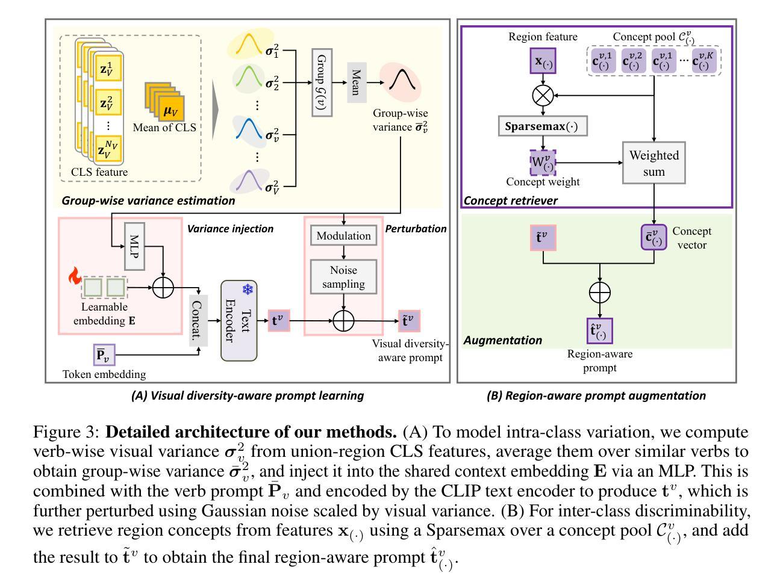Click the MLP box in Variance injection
pyautogui.click(x=134, y=246)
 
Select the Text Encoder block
pyautogui.click(x=239, y=321)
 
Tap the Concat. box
pyautogui.click(x=198, y=321)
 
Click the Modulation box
pyautogui.click(x=343, y=236)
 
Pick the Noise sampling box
pyautogui.click(x=343, y=277)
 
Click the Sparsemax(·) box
pyautogui.click(x=542, y=126)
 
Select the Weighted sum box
pyautogui.click(x=654, y=163)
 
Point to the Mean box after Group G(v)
pyautogui.click(x=357, y=82)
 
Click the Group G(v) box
pyautogui.click(x=322, y=82)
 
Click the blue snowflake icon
pyautogui.click(x=247, y=290)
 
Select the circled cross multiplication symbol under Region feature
pyautogui.click(x=543, y=95)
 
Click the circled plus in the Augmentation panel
pyautogui.click(x=599, y=292)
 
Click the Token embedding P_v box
pyautogui.click(x=105, y=355)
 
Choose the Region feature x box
pyautogui.click(x=542, y=61)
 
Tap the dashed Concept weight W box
pyautogui.click(x=542, y=162)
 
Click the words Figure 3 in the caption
pyautogui.click(x=66, y=432)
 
